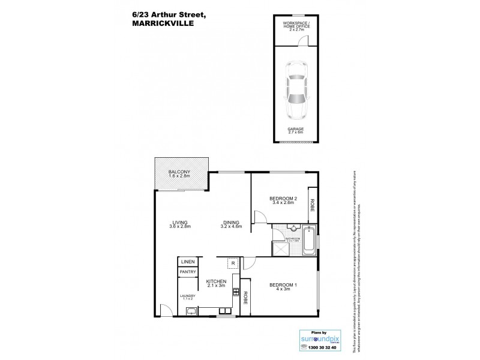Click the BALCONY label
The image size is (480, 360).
pos(179,173)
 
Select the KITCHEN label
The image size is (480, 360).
pos(215,284)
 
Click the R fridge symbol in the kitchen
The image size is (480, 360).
pos(231,263)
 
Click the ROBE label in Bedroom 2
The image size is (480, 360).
pos(312,204)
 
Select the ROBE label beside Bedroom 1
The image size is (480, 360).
pos(245,297)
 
